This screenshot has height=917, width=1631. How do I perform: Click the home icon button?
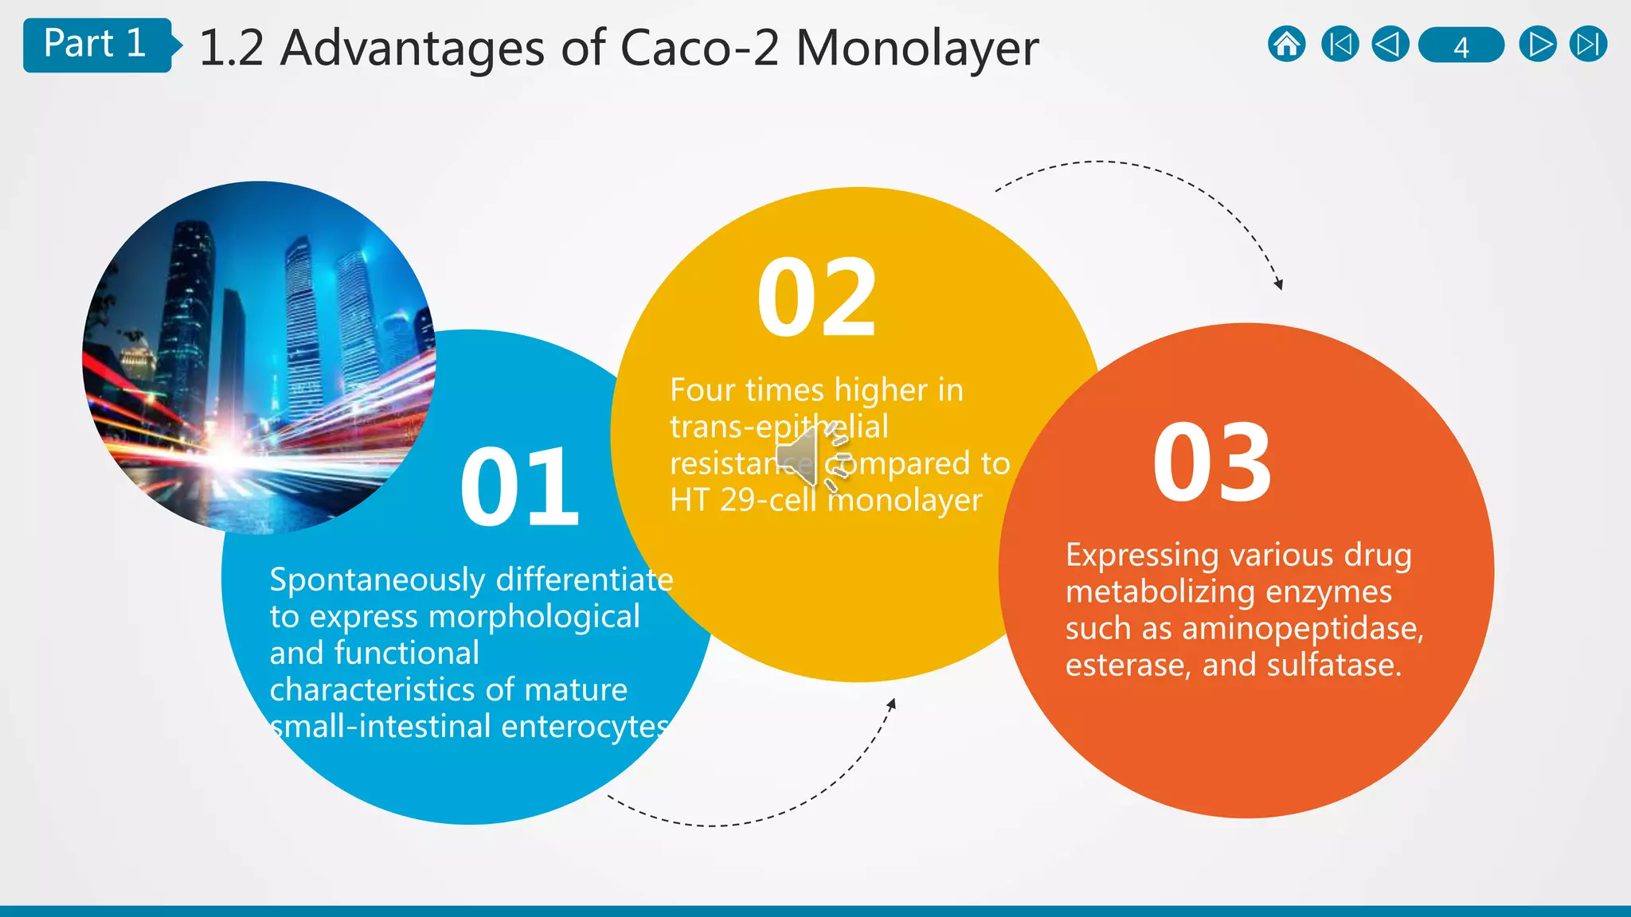pos(1286,45)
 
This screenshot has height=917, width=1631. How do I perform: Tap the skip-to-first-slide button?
pos(1340,45)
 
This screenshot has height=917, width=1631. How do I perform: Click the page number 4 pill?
pos(1461,46)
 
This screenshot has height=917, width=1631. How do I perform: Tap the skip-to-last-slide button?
pos(1588,45)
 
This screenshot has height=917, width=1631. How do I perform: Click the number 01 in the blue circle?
pos(519,487)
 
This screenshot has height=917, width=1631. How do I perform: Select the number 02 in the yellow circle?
pos(817,299)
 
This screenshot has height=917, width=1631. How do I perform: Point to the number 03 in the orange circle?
pos(1212,464)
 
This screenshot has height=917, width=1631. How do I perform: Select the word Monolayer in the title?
pos(917,48)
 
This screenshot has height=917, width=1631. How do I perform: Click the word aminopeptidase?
pos(1302,629)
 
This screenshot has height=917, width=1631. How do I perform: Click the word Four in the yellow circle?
pos(702,390)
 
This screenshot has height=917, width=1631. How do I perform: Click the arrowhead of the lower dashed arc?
pos(892,704)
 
